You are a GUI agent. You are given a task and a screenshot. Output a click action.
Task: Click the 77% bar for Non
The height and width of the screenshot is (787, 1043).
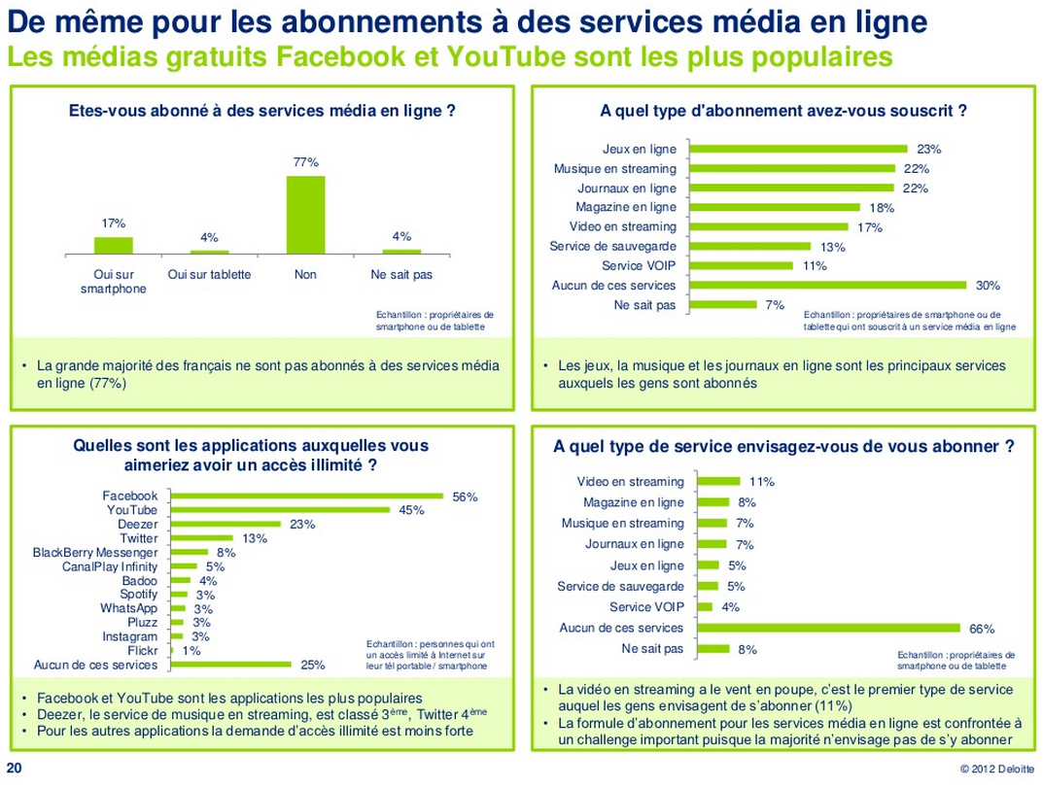305,215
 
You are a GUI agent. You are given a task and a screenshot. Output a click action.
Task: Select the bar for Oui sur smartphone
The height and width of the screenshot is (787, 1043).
114,246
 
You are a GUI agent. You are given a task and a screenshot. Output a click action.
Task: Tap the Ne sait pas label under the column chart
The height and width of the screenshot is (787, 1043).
401,275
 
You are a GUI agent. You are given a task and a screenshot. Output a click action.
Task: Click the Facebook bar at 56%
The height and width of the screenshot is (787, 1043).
307,496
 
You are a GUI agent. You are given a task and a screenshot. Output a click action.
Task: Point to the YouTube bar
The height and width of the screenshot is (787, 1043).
280,510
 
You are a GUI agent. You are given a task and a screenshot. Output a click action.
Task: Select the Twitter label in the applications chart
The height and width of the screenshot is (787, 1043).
138,538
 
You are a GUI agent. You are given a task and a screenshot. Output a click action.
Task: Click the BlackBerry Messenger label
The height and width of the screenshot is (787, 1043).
95,553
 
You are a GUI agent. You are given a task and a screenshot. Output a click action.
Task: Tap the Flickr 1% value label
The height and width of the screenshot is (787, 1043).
191,651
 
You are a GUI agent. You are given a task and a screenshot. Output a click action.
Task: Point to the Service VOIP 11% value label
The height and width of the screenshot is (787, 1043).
815,266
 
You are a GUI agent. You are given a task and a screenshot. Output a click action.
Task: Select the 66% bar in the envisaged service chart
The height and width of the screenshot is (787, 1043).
829,629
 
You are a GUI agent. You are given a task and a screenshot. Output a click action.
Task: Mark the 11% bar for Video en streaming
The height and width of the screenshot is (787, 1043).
719,482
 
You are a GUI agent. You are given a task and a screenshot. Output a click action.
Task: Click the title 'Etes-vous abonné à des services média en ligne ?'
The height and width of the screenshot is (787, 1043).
262,111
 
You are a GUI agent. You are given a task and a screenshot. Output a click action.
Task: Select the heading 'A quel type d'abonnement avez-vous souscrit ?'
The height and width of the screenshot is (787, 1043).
783,111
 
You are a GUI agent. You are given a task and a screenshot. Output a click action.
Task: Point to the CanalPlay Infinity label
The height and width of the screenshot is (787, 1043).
110,566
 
